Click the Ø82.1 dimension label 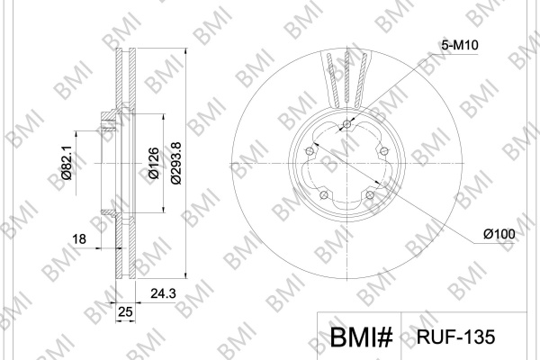[67, 162]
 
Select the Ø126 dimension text [154, 163]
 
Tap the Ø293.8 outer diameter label [175, 163]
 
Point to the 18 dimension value [79, 238]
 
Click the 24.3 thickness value [163, 293]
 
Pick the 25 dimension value [125, 311]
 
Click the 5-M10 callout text [460, 45]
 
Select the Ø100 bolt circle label [499, 234]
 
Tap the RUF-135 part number [455, 337]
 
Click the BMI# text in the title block [361, 337]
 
